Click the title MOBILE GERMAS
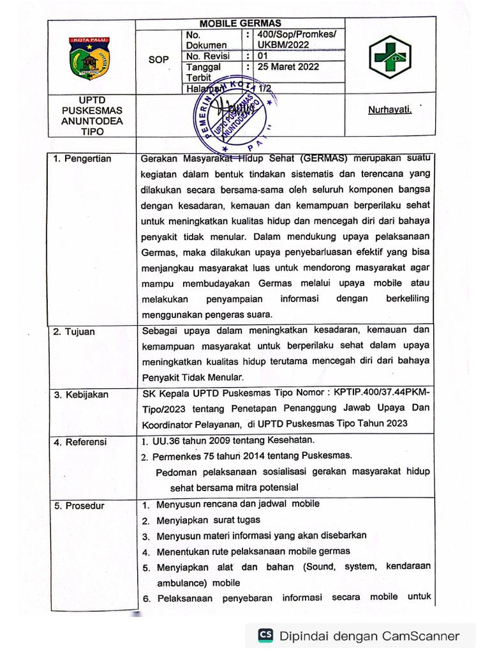[x=241, y=23]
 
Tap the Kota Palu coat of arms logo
[x=90, y=58]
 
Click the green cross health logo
[x=389, y=57]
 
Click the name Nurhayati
[x=389, y=110]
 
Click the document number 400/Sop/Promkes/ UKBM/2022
[x=295, y=40]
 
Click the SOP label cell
[x=158, y=59]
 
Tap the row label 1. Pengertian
[x=82, y=159]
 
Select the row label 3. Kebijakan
[x=80, y=395]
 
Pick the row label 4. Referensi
[x=80, y=442]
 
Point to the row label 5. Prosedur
[x=79, y=506]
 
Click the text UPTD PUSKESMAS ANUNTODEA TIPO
[x=92, y=116]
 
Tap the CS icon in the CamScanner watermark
[x=265, y=635]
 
